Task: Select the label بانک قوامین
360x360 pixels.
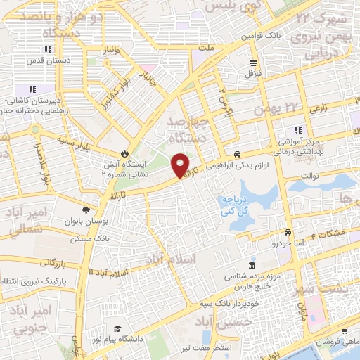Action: [259, 34]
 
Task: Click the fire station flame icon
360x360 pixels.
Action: [124, 152]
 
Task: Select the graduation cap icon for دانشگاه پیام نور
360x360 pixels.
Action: [117, 328]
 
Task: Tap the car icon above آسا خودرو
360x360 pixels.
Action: [287, 232]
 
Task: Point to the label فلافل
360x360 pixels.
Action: [253, 72]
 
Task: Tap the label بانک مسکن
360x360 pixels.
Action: [83, 240]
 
